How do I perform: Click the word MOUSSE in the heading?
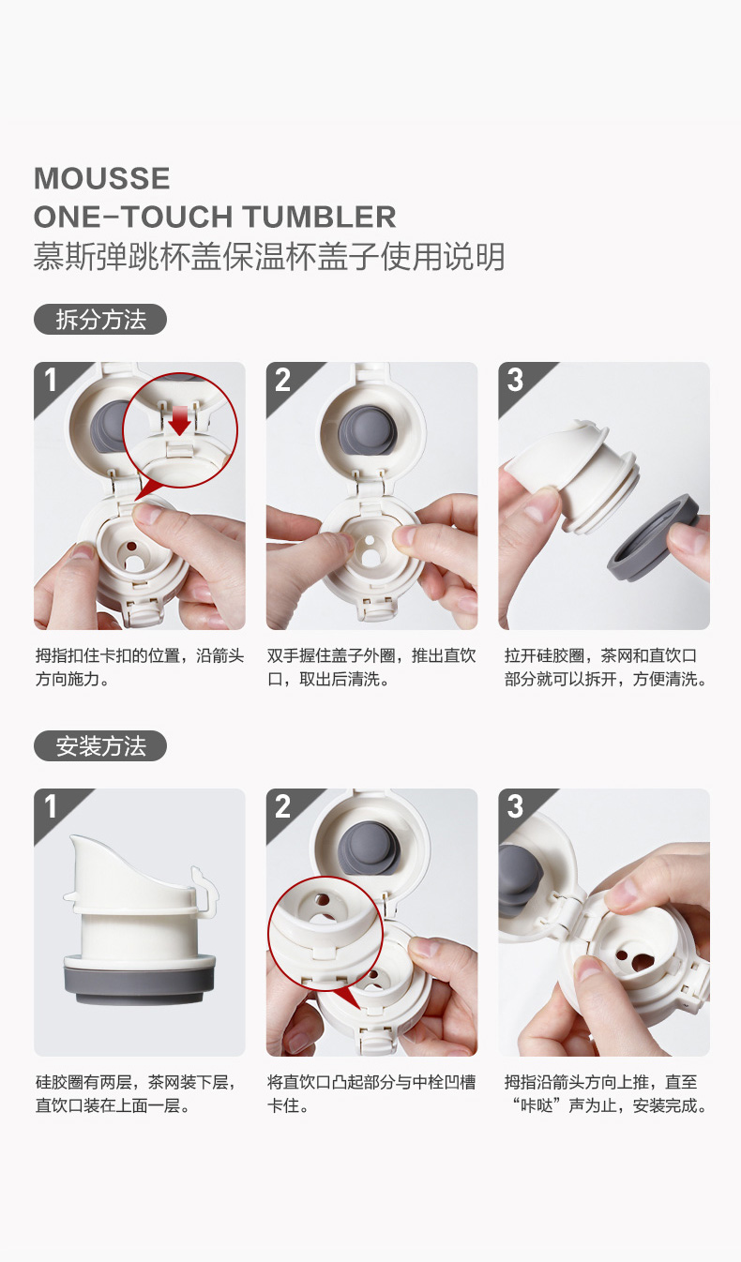tap(102, 178)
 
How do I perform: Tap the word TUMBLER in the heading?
tap(320, 217)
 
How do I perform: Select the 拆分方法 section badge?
tap(100, 320)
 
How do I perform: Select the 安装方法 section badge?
tap(100, 746)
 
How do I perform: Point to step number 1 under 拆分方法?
tap(50, 380)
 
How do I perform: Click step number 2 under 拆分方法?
tap(282, 380)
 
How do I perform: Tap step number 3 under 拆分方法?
tap(515, 380)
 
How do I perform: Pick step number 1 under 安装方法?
tap(50, 806)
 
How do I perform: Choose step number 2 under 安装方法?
tap(282, 806)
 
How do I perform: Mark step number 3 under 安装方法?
tap(515, 806)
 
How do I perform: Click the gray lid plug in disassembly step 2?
tap(368, 430)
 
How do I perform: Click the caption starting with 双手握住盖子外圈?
tap(372, 668)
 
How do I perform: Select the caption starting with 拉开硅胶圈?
tap(606, 668)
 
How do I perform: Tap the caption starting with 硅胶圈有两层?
tap(136, 1093)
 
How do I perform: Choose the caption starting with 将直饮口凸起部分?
tap(372, 1093)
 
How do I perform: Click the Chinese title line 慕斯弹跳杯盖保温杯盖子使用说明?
tap(269, 257)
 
